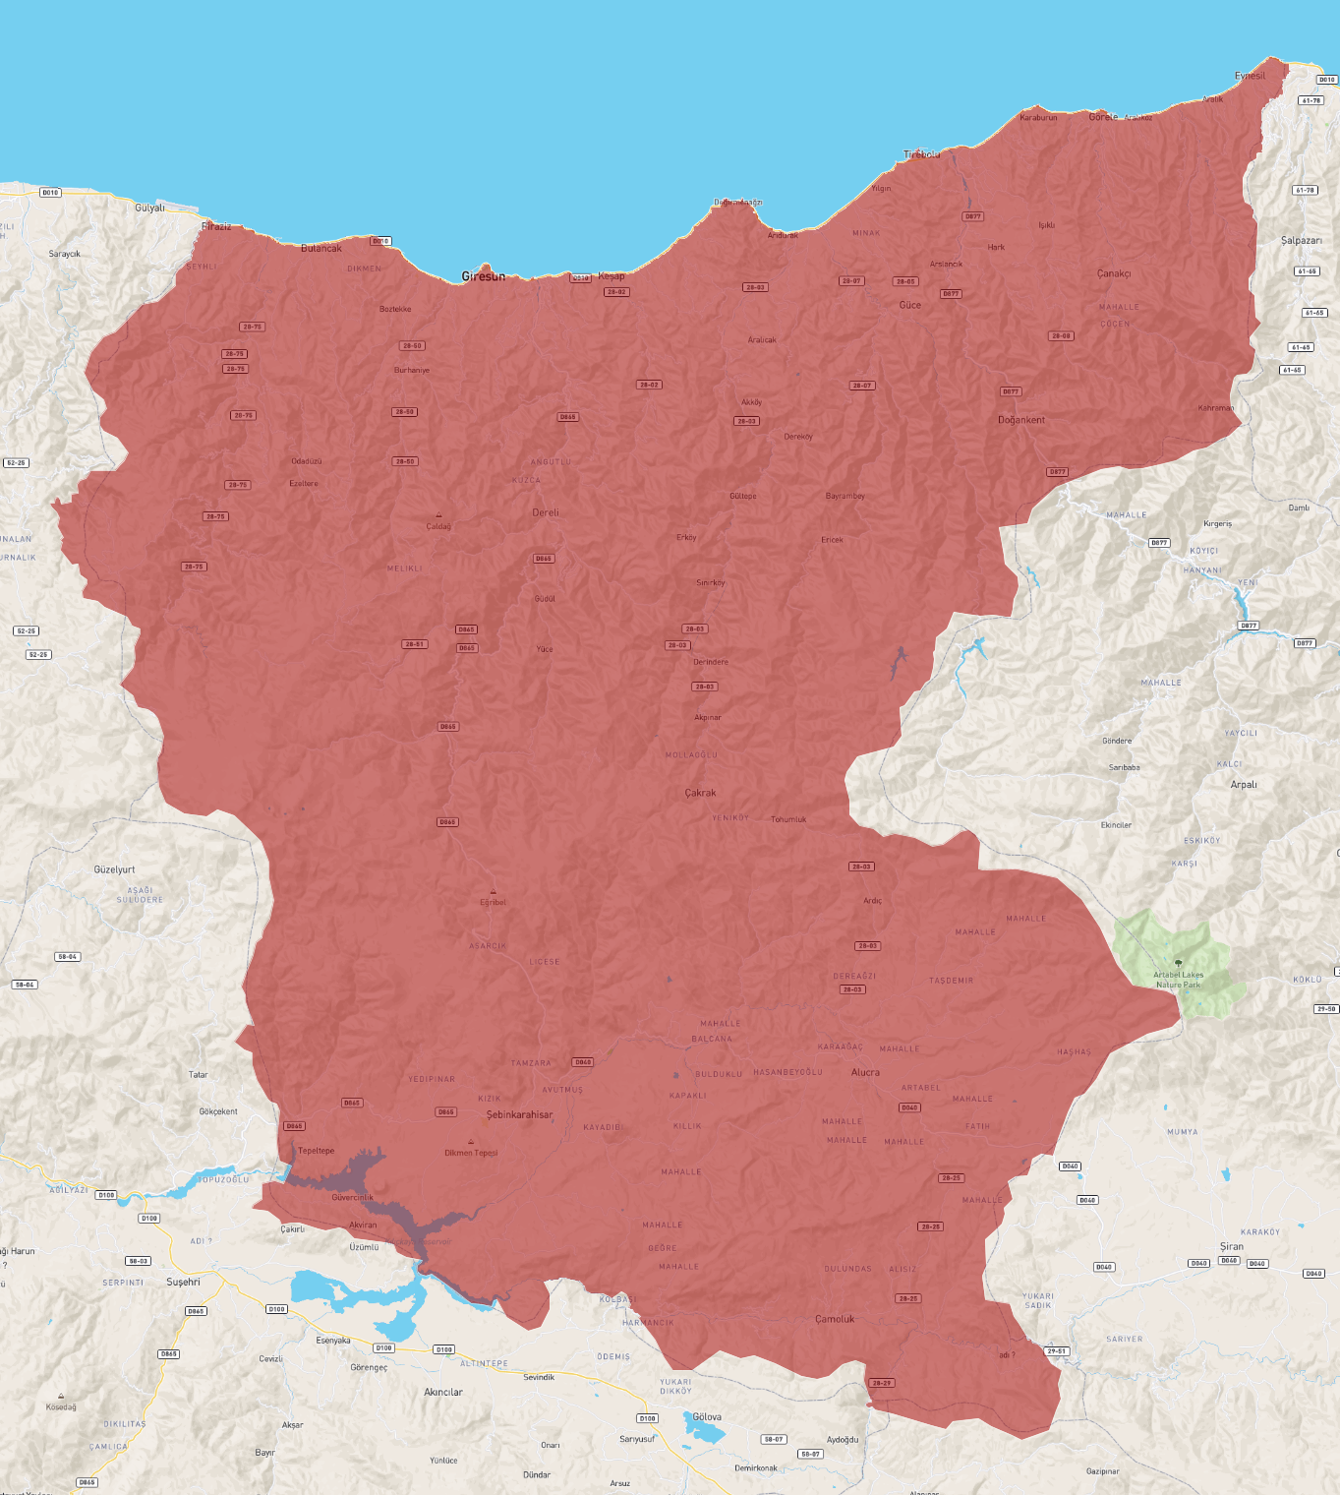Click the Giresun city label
tap(484, 276)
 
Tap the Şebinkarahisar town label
tap(519, 1114)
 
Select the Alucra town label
tap(865, 1072)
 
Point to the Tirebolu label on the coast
tap(922, 154)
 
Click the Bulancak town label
tap(321, 248)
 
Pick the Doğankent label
tap(1021, 420)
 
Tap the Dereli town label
tap(546, 512)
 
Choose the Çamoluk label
tap(835, 1319)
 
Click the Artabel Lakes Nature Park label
tap(1178, 980)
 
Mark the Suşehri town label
tap(183, 1282)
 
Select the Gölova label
tap(707, 1417)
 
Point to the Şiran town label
tap(1232, 1246)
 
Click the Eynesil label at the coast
tap(1250, 76)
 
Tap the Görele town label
tap(1103, 116)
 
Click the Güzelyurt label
tap(114, 869)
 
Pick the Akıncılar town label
tap(443, 1392)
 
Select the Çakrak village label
tap(700, 793)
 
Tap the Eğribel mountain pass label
tap(493, 902)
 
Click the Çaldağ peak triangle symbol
tap(438, 515)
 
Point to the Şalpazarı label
tap(1301, 240)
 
